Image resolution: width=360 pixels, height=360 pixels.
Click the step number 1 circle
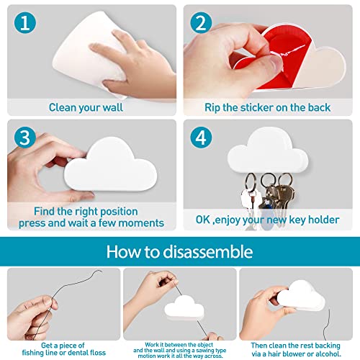point(26,23)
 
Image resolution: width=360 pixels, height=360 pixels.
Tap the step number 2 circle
point(199,23)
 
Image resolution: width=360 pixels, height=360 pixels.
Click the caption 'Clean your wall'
point(86,107)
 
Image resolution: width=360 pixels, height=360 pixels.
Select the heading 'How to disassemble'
point(179,252)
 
